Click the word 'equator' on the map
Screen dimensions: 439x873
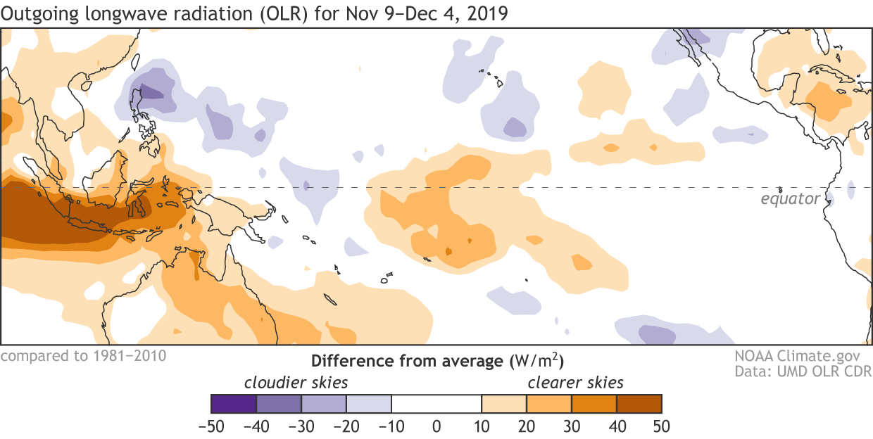click(790, 199)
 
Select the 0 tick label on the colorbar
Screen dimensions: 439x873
click(436, 426)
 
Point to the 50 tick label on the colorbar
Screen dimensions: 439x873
click(661, 426)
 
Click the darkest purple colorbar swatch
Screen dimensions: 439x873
click(234, 404)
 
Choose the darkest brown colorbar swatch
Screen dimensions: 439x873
click(639, 404)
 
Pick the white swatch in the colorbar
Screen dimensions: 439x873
click(436, 404)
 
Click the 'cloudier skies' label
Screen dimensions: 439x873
click(296, 383)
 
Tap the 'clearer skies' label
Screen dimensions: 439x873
click(576, 383)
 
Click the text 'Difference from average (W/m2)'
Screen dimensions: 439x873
click(437, 361)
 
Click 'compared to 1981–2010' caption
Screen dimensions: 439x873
click(83, 355)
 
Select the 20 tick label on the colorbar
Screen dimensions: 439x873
click(527, 426)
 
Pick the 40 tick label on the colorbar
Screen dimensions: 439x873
click(616, 426)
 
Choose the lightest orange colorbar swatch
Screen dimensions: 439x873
click(504, 404)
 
